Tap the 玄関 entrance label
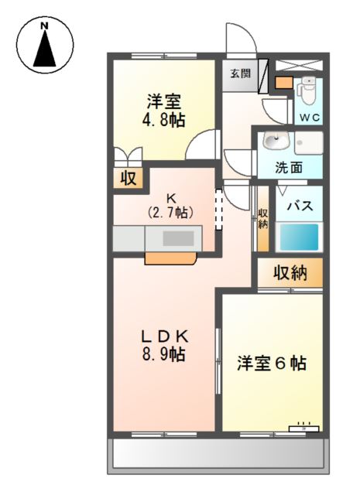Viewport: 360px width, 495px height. (x=240, y=73)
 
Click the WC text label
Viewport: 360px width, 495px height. (x=310, y=118)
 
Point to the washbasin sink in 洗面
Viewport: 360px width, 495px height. (x=275, y=142)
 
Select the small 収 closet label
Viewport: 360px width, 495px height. (x=129, y=179)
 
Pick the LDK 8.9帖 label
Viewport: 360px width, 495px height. (x=164, y=346)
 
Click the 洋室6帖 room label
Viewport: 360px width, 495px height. (x=271, y=363)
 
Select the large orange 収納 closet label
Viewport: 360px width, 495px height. (x=290, y=272)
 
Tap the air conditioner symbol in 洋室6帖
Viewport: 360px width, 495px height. (x=303, y=427)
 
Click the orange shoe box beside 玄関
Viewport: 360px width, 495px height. (x=284, y=82)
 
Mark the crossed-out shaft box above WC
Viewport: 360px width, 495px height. (x=297, y=65)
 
